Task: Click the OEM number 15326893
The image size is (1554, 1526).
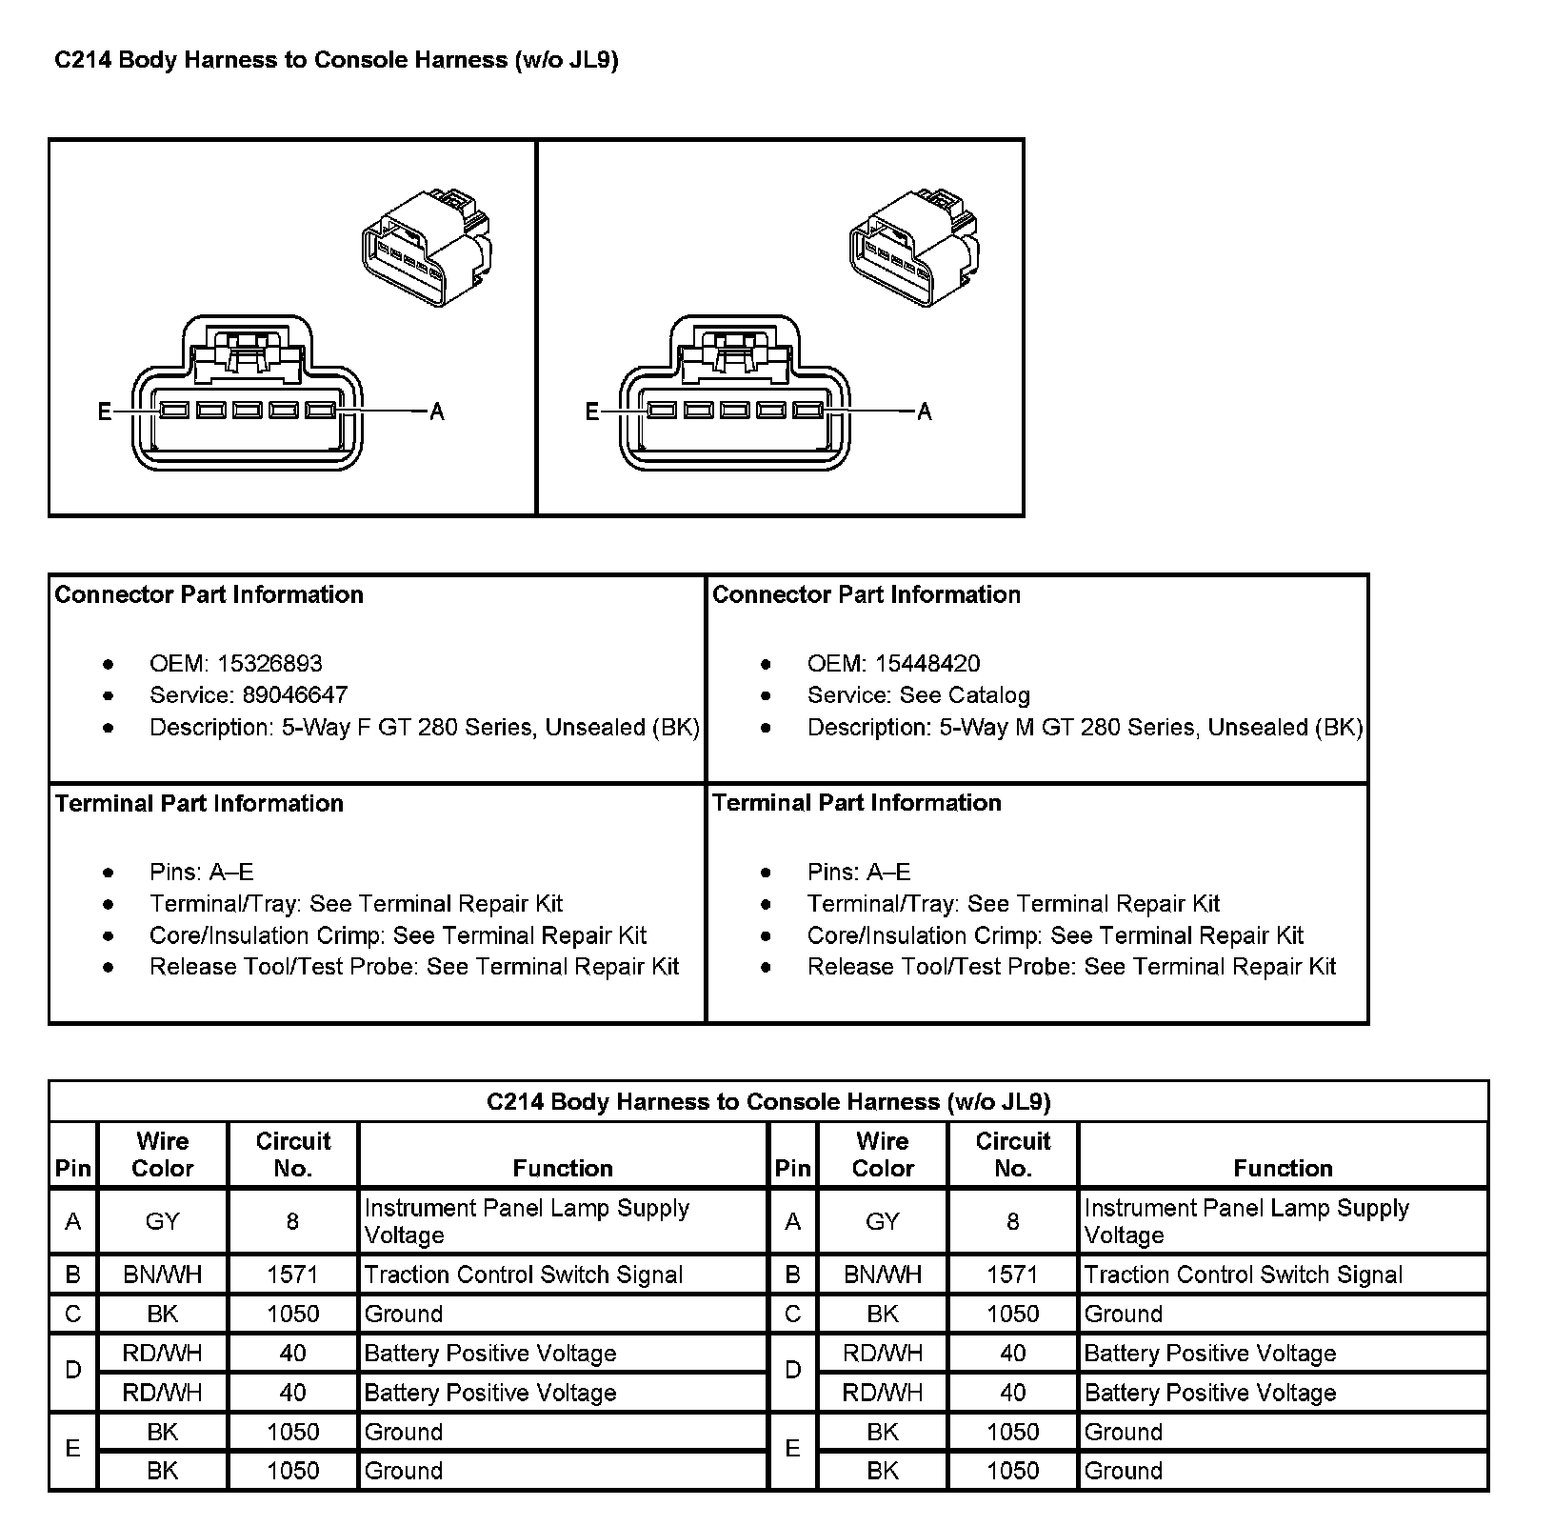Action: tap(269, 664)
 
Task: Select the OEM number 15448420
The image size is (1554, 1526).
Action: tap(927, 664)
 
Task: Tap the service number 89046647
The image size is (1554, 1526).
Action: tap(294, 695)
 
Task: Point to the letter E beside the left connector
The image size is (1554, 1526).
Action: tap(105, 412)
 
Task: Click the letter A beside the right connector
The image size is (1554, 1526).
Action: tap(924, 412)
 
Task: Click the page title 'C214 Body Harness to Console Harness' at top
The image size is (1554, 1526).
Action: tap(336, 60)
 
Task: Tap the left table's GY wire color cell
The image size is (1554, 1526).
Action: tap(162, 1221)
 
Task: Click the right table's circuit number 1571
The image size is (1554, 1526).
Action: tap(1012, 1275)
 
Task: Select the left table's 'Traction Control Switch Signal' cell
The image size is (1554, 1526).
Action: tap(524, 1275)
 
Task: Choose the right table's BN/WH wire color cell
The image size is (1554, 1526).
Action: tap(883, 1275)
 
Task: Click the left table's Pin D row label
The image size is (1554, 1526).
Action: tap(72, 1372)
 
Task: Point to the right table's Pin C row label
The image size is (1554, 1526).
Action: tap(792, 1314)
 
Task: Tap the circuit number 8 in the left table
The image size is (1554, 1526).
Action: tap(292, 1221)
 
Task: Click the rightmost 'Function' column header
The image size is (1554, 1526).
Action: tap(1283, 1168)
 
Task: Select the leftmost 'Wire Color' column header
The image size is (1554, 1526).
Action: tap(162, 1155)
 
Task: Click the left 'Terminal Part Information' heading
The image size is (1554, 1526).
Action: tap(199, 803)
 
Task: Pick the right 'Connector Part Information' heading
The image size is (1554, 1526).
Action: tap(866, 594)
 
